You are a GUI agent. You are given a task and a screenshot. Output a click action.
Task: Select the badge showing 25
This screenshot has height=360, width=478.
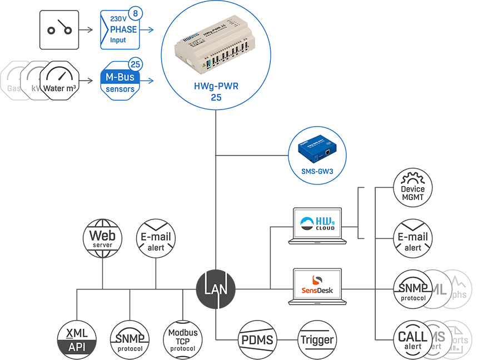coord(135,63)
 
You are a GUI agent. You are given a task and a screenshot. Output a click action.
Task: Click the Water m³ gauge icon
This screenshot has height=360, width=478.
coord(60,81)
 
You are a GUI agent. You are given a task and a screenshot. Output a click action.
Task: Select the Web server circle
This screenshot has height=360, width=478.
coord(102,237)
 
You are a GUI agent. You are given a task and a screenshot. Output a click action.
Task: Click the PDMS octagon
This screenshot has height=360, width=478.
coord(256,339)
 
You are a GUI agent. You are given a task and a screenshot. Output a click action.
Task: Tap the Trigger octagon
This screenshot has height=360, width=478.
coord(317,339)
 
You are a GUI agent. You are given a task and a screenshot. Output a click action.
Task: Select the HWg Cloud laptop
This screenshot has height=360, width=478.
coord(318,226)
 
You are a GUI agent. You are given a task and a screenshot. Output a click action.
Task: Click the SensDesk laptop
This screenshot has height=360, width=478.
coord(318,286)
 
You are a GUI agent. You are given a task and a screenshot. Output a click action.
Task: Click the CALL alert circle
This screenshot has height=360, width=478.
coord(412,339)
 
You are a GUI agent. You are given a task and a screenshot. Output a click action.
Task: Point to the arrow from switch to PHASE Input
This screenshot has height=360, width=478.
coord(86,30)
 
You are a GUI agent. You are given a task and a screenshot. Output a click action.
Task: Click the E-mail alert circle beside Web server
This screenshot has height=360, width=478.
coord(156,238)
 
